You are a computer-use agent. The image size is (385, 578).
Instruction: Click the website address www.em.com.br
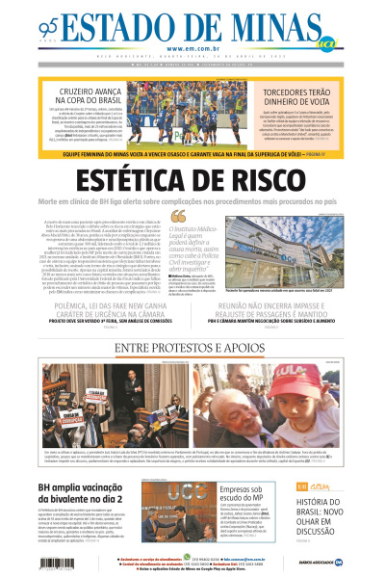point(192,49)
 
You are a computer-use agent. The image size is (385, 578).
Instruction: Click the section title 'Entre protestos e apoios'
point(192,348)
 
